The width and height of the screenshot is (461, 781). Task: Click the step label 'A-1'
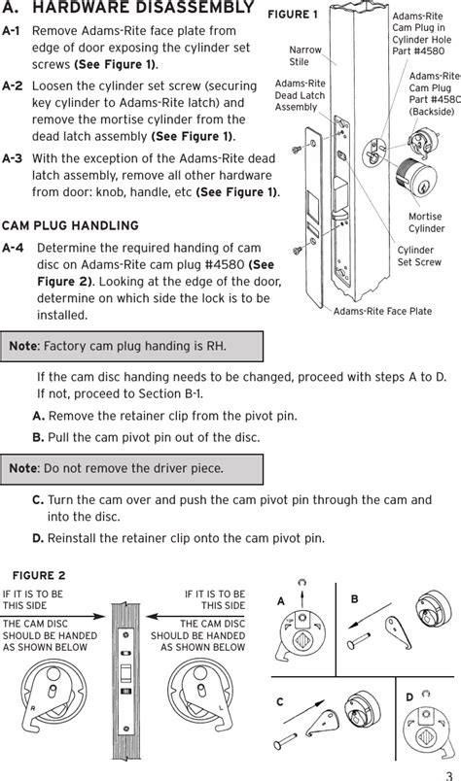(x=13, y=31)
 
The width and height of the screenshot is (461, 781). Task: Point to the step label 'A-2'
(x=13, y=85)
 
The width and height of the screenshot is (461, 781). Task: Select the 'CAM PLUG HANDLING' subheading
(x=70, y=224)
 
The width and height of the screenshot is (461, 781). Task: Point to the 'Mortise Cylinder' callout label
(x=426, y=222)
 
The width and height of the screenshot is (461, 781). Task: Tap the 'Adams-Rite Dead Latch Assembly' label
(x=300, y=96)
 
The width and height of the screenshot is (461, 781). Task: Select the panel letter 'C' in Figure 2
(x=279, y=701)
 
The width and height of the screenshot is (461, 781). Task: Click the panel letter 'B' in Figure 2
(x=354, y=599)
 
